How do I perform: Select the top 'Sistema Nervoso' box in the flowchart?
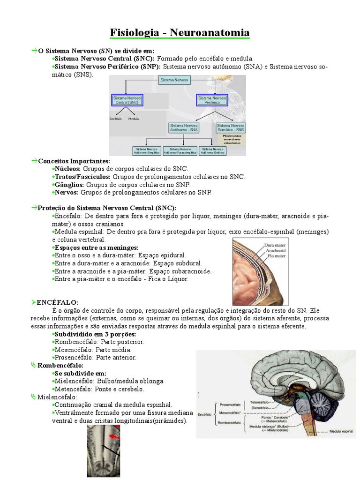174,81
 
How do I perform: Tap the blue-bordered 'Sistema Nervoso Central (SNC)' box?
127,100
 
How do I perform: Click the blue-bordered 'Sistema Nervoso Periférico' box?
212,100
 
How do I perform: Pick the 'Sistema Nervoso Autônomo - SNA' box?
184,127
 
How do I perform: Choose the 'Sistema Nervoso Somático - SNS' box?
231,127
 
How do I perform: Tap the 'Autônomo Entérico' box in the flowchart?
213,151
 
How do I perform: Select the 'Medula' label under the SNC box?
134,119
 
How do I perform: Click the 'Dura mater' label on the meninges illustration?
275,245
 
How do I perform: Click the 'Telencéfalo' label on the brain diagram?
259,402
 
